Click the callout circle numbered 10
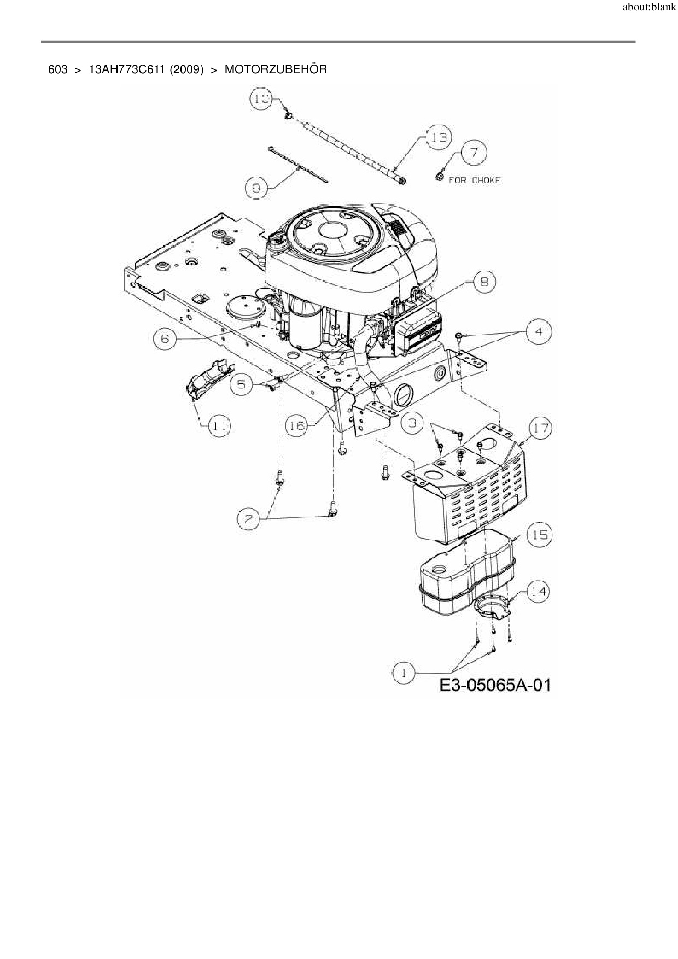pyautogui.click(x=261, y=98)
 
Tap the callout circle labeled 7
pyautogui.click(x=474, y=153)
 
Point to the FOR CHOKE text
pyautogui.click(x=474, y=180)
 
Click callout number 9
pyautogui.click(x=256, y=188)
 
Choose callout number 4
pyautogui.click(x=539, y=332)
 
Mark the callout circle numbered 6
pyautogui.click(x=165, y=339)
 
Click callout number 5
pyautogui.click(x=242, y=384)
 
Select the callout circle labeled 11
pyautogui.click(x=219, y=425)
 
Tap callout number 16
pyautogui.click(x=297, y=425)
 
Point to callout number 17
pyautogui.click(x=541, y=428)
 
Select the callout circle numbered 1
pyautogui.click(x=404, y=674)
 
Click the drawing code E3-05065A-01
pyautogui.click(x=494, y=685)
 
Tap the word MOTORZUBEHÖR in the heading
pyautogui.click(x=276, y=69)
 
